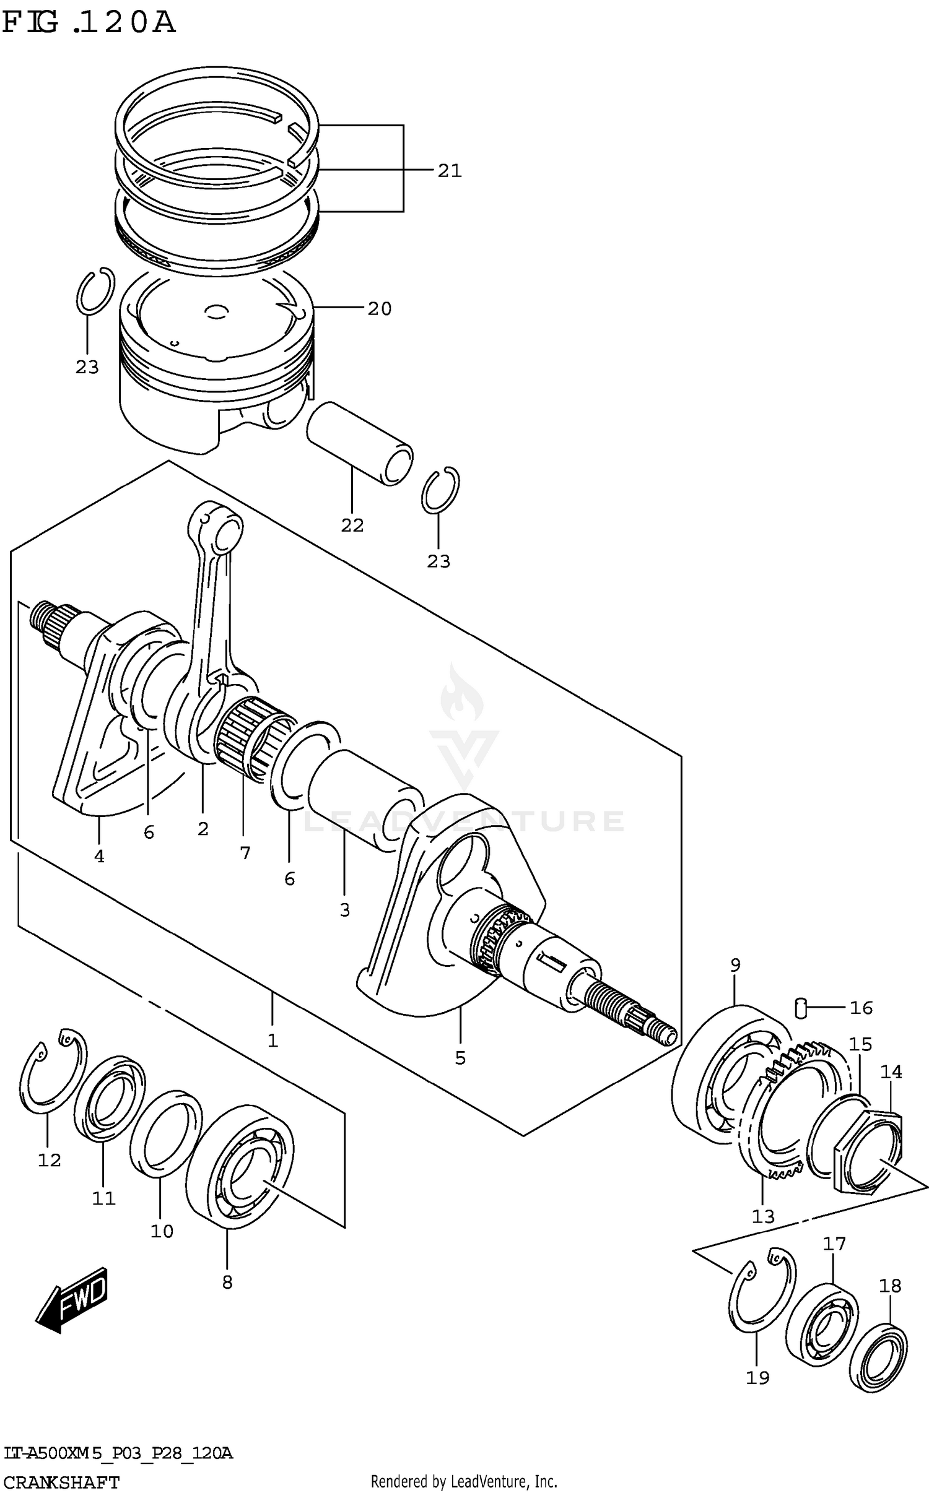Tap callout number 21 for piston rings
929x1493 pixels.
click(x=450, y=171)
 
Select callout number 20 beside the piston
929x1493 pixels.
click(x=380, y=308)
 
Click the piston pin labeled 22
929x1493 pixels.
click(x=360, y=443)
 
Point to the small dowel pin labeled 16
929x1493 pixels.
click(x=800, y=1008)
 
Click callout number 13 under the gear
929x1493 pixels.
click(x=763, y=1217)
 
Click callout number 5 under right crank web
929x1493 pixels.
click(x=460, y=1058)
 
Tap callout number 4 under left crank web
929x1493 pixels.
click(x=99, y=856)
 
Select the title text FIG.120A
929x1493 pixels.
click(x=89, y=23)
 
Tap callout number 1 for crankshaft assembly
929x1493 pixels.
click(x=273, y=1041)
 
